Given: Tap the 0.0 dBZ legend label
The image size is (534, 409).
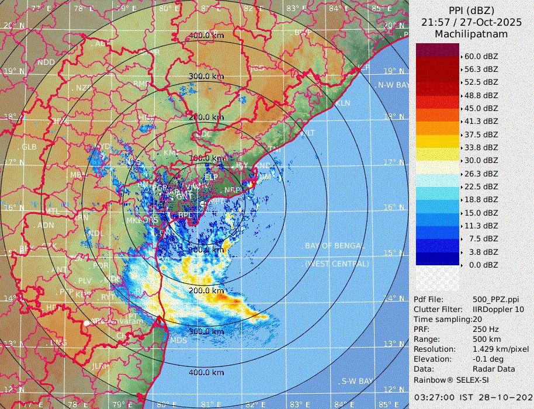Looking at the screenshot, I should point(481,265).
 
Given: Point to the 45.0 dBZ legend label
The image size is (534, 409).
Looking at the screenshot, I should point(481,108).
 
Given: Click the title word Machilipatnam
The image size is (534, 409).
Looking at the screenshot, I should point(471,34).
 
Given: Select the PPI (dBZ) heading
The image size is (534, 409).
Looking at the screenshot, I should point(471,11).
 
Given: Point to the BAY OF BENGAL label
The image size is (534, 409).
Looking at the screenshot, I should point(335,245).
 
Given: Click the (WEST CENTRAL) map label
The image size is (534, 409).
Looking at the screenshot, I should point(337,264).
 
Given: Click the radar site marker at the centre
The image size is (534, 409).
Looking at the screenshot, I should point(203,203).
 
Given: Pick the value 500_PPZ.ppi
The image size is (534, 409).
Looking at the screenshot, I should point(495,299).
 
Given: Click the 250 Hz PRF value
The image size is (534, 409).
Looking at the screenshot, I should point(484,329).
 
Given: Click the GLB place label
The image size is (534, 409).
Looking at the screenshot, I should point(29,146).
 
